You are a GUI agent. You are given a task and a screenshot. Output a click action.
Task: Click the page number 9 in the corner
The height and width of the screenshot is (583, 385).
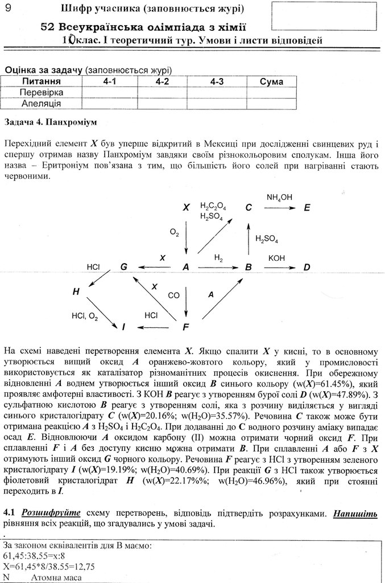[8, 8]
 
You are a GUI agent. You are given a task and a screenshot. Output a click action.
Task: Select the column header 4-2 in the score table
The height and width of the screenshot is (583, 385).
[162, 82]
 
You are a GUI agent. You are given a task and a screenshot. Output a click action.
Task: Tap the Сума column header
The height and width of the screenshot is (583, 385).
[271, 82]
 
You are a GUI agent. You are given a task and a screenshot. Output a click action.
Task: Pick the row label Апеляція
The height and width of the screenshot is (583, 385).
[42, 104]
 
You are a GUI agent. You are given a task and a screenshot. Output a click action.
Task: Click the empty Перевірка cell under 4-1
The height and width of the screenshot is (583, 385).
[110, 92]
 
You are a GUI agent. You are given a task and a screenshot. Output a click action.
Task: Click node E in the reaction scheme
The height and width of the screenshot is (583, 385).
[307, 208]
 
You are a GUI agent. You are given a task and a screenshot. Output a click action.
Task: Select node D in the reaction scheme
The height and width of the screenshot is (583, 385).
[307, 267]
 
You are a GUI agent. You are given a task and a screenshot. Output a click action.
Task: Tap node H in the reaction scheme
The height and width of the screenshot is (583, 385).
[76, 292]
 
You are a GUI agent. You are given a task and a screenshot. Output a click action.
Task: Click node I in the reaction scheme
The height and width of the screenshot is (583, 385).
[123, 327]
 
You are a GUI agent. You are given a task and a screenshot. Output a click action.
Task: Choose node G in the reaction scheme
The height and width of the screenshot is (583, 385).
[123, 267]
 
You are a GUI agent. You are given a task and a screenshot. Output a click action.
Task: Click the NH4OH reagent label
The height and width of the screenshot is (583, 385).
[279, 197]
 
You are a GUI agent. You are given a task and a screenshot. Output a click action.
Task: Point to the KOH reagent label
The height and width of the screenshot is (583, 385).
[277, 258]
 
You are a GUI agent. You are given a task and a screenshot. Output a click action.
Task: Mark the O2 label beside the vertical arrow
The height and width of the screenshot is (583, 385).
[175, 232]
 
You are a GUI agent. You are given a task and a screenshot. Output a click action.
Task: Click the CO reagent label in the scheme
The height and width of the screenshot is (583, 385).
[173, 295]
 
